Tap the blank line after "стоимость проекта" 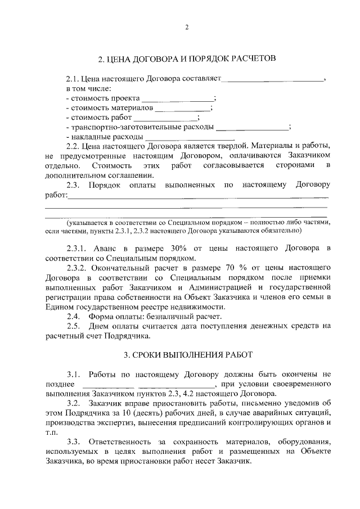pyautogui.click(x=177, y=99)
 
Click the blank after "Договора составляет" pyautogui.click(x=274, y=80)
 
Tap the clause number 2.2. pyautogui.click(x=73, y=147)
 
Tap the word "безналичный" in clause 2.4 pyautogui.click(x=157, y=317)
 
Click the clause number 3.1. pyautogui.click(x=73, y=374)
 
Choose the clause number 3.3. pyautogui.click(x=73, y=442)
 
